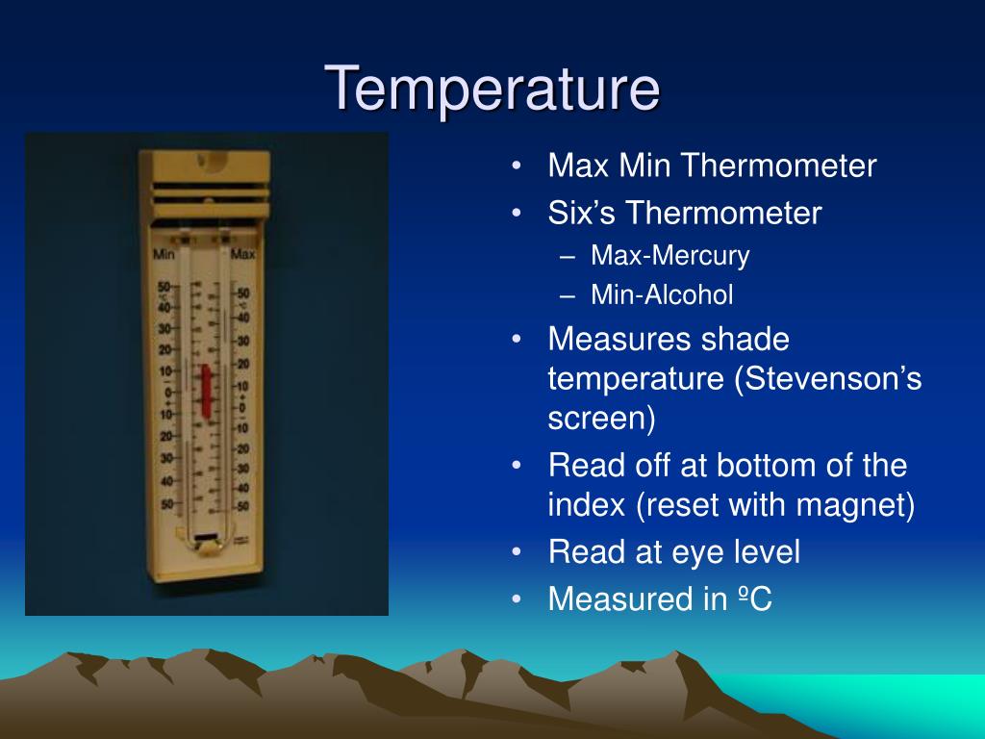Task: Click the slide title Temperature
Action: pos(492,89)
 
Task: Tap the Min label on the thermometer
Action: pos(164,255)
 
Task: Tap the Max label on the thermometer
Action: pos(243,255)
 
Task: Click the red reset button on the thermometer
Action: pos(204,390)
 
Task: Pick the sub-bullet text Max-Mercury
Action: pos(669,256)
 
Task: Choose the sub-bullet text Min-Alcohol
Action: pos(662,295)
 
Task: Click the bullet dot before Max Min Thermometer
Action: pos(518,166)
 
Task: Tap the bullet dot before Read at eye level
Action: pos(518,552)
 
